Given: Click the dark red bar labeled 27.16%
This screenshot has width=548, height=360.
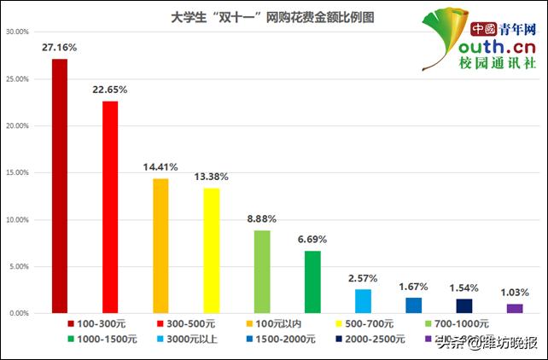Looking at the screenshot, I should tap(60, 186).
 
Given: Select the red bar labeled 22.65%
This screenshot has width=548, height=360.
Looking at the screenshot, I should tap(110, 207).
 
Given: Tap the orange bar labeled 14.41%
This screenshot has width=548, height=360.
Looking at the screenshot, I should tap(160, 246).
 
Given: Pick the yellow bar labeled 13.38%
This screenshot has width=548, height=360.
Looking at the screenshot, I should tap(211, 251).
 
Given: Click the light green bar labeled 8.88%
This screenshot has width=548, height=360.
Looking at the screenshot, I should tap(262, 272).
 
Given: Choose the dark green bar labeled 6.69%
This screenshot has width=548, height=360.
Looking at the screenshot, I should tap(312, 282).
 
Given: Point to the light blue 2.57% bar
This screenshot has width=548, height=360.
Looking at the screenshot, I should tap(363, 301).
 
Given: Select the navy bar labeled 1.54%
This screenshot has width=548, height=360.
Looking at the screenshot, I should tap(463, 306).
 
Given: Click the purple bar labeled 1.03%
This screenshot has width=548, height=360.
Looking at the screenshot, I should tap(514, 309).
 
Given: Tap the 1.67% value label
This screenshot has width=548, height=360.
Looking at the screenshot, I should tap(414, 287).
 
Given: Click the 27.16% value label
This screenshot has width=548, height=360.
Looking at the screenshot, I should tap(60, 49).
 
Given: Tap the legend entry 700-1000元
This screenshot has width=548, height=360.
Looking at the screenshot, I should tap(457, 324).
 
